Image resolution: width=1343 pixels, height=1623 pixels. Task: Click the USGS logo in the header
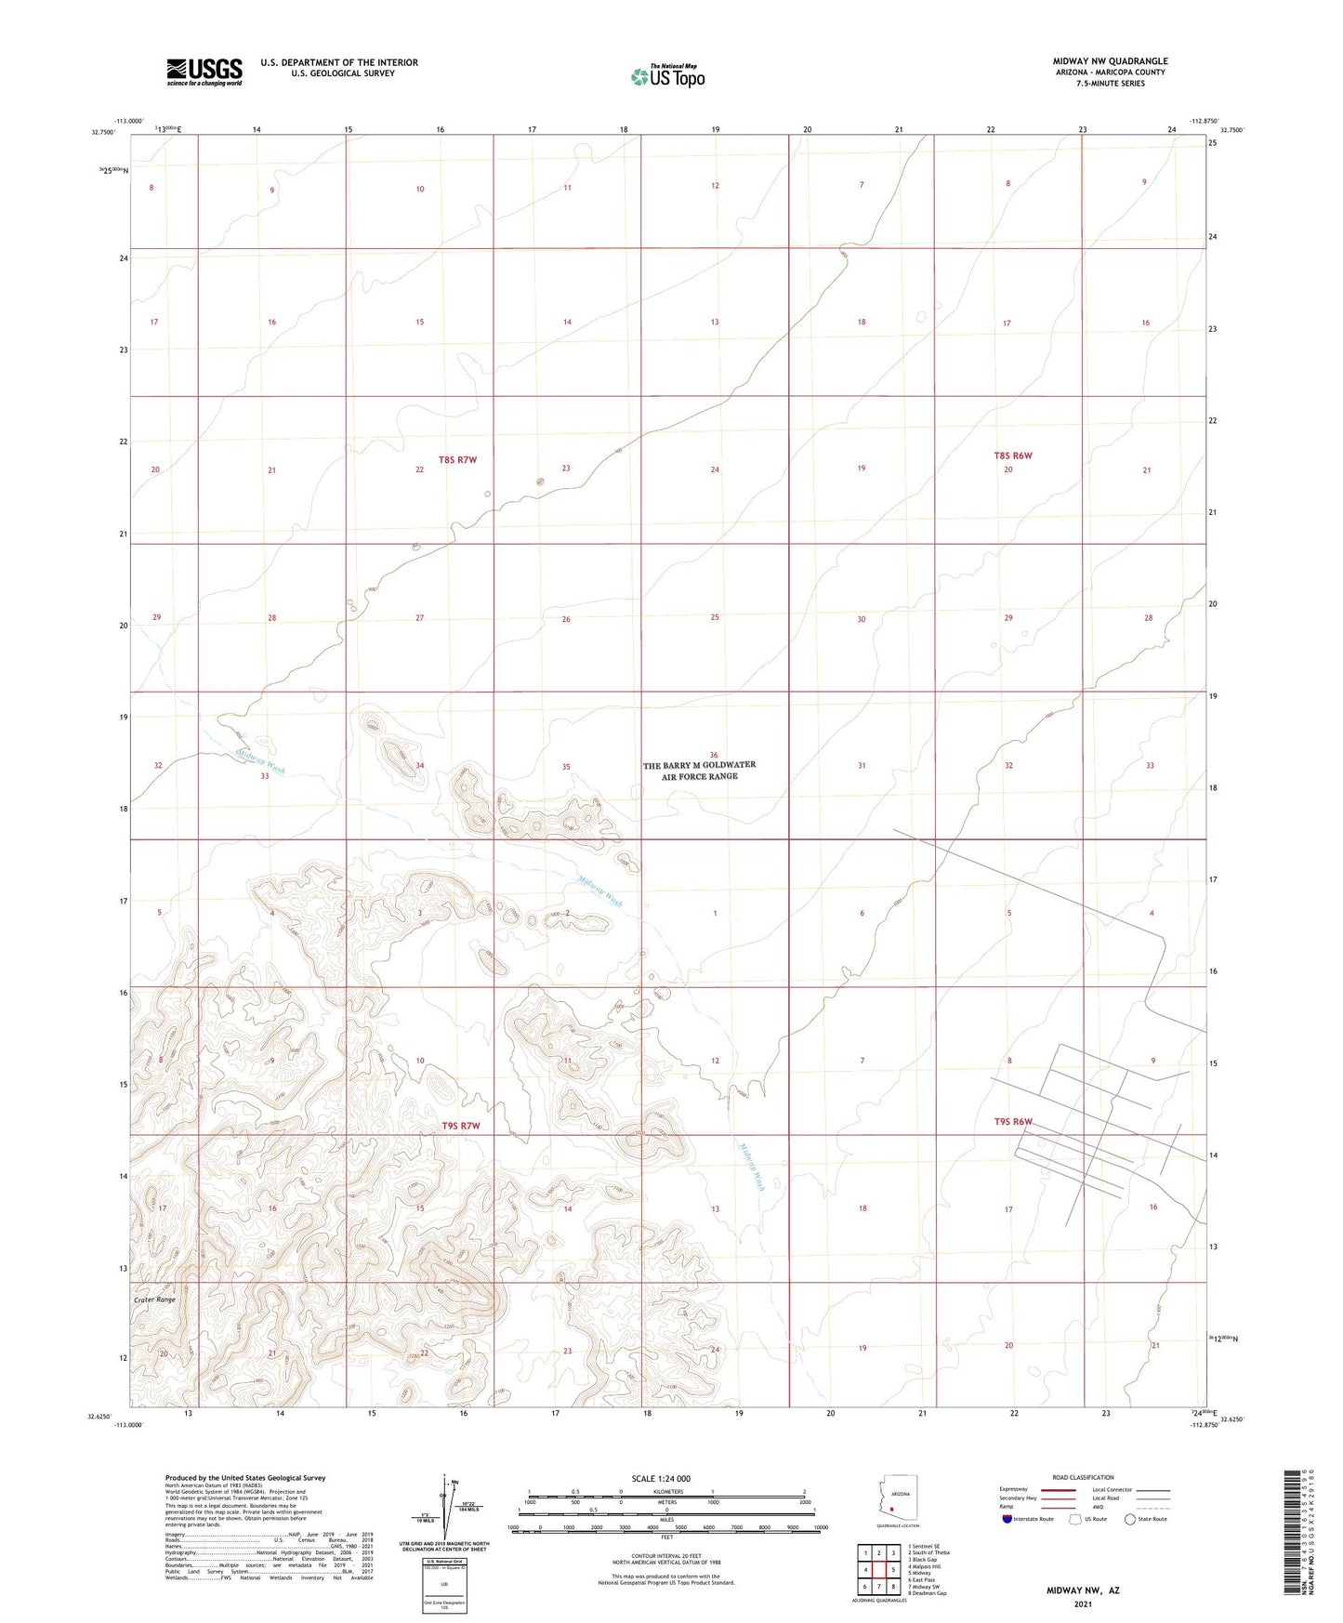[x=204, y=71]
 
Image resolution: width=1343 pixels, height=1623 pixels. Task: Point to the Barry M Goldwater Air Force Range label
[x=699, y=771]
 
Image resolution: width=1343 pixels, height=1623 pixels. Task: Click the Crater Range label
[x=153, y=1300]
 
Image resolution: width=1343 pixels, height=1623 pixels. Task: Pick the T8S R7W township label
[x=457, y=460]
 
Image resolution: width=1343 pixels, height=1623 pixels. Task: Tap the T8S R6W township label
[x=1013, y=455]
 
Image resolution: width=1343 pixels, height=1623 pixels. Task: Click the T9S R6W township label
[x=1013, y=1122]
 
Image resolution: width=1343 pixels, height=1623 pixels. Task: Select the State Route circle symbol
[x=1130, y=1520]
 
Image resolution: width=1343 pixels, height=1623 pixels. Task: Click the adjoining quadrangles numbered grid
[x=878, y=1568]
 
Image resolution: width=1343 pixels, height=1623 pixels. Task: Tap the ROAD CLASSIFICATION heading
[x=1083, y=1477]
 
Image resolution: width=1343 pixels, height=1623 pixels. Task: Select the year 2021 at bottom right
[x=1082, y=1604]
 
